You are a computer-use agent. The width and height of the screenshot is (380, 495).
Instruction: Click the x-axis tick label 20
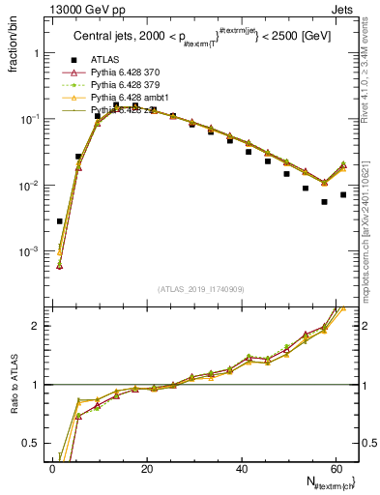[146, 468]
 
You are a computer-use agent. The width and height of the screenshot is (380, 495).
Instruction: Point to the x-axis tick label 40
[241, 468]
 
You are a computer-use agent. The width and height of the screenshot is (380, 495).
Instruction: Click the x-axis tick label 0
[52, 468]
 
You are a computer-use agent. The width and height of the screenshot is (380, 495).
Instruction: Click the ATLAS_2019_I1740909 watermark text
[201, 289]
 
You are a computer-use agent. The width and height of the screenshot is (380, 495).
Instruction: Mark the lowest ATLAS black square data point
[60, 221]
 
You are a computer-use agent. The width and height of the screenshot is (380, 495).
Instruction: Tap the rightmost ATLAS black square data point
[343, 194]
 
